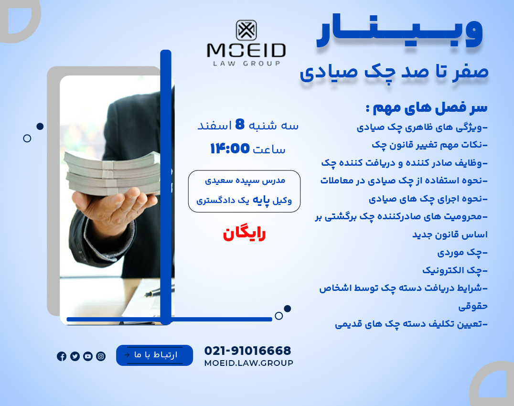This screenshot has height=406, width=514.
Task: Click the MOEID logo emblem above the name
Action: tap(246, 30)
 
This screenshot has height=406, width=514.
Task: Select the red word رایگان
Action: tap(244, 234)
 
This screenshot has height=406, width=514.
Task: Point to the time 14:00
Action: tap(230, 149)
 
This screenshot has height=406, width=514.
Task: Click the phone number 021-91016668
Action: tap(247, 351)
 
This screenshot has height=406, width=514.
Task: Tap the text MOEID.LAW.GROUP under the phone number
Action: tap(248, 363)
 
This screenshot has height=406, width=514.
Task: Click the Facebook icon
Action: tap(62, 356)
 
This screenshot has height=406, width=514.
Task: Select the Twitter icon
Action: tap(75, 356)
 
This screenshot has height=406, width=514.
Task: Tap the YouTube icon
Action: tap(88, 356)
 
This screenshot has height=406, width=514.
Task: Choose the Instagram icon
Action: tap(101, 356)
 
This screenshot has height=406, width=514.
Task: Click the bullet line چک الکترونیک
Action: tap(455, 270)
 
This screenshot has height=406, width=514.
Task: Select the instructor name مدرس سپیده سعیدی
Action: tap(245, 181)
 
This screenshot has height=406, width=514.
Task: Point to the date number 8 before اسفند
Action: tap(240, 125)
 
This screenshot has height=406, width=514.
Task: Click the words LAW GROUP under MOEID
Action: tap(246, 63)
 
